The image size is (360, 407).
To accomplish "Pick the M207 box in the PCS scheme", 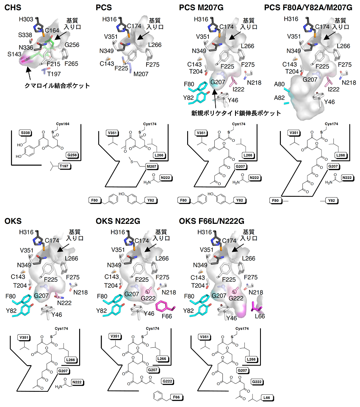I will [152, 166].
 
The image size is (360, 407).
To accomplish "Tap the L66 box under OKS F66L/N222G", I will [267, 398].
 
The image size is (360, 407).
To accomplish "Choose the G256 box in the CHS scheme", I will [73, 155].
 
